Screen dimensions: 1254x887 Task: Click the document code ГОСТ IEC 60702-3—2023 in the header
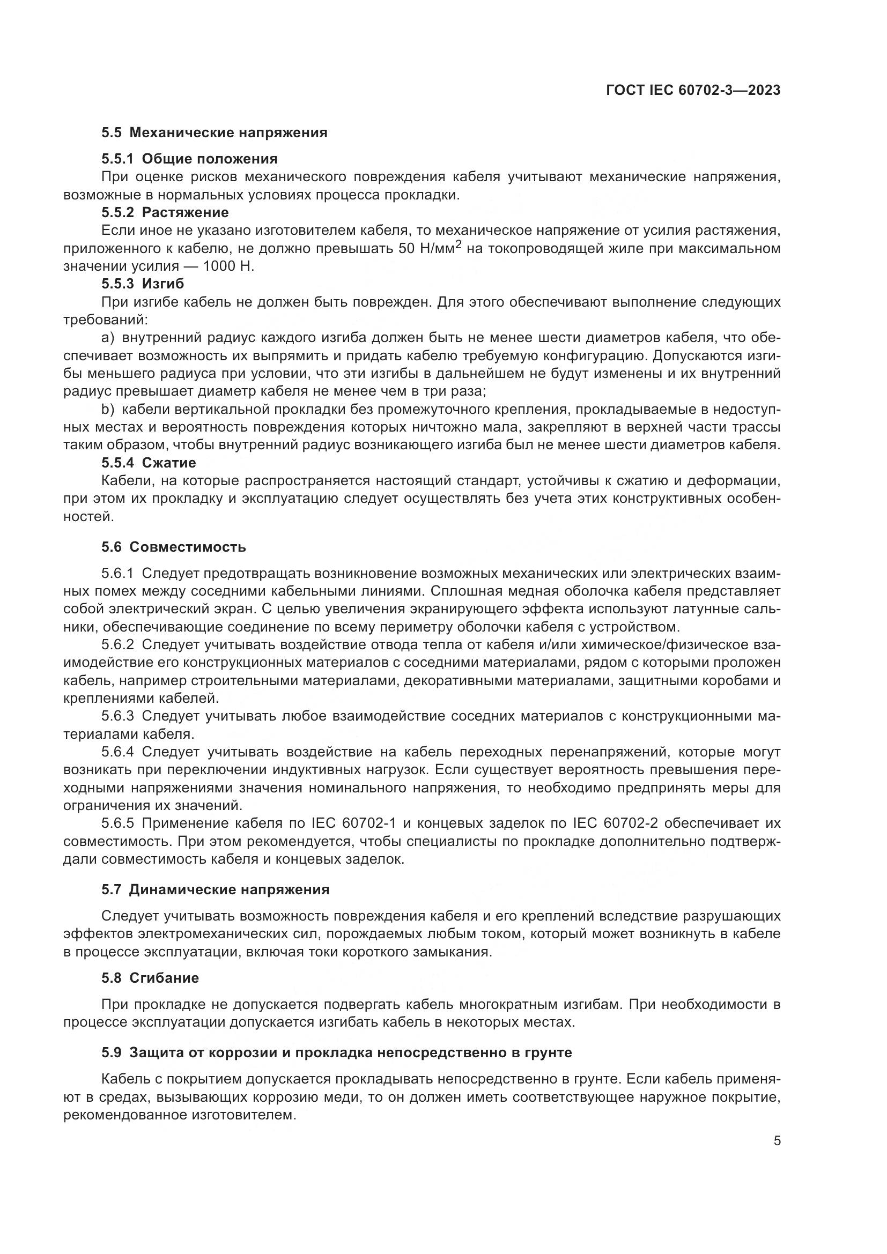pyautogui.click(x=692, y=91)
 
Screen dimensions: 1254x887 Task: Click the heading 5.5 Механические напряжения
pyautogui.click(x=214, y=133)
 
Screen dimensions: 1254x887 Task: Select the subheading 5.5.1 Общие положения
pyautogui.click(x=189, y=159)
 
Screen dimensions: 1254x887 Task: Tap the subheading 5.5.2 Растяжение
pyautogui.click(x=165, y=212)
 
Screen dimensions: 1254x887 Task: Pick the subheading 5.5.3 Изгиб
pyautogui.click(x=143, y=284)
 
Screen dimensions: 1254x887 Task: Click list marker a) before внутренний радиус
pyautogui.click(x=108, y=338)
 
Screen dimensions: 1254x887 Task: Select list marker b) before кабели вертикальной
pyautogui.click(x=108, y=410)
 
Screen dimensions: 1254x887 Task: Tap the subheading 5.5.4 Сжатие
pyautogui.click(x=149, y=463)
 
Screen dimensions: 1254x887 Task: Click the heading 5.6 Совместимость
pyautogui.click(x=174, y=547)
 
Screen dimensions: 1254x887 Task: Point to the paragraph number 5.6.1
pyautogui.click(x=117, y=574)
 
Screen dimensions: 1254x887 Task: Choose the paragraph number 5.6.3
pyautogui.click(x=117, y=716)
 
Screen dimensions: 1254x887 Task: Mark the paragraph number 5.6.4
pyautogui.click(x=117, y=752)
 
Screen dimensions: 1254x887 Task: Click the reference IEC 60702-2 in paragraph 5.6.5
pyautogui.click(x=618, y=823)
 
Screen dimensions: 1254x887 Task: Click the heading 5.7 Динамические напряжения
pyautogui.click(x=215, y=890)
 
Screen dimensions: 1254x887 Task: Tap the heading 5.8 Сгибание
pyautogui.click(x=150, y=978)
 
